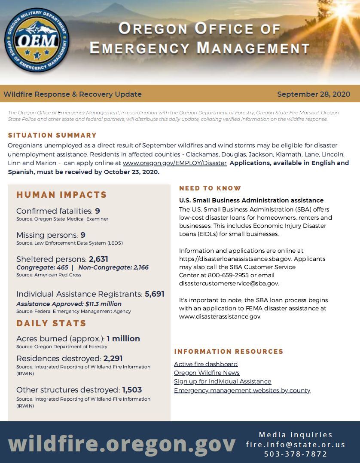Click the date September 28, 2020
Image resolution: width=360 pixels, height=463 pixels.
(313, 94)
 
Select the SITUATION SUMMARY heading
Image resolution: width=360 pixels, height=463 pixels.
(52, 135)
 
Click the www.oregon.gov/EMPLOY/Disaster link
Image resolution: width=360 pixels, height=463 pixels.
(174, 163)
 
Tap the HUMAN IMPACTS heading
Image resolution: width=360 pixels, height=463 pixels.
(61, 195)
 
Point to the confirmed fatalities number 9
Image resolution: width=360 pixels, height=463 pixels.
(98, 211)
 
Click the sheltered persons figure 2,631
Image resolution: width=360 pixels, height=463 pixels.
(98, 259)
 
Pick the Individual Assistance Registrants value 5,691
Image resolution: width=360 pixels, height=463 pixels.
(155, 294)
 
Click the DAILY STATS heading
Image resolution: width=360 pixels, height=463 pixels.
(51, 323)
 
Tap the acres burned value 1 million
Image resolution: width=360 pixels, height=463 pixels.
(123, 339)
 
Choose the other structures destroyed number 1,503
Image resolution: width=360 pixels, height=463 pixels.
(132, 390)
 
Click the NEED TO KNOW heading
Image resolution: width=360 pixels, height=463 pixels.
(210, 188)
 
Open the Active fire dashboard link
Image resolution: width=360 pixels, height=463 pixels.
(206, 364)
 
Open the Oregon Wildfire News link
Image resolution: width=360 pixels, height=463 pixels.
(207, 373)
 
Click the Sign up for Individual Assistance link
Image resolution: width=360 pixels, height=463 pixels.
(223, 381)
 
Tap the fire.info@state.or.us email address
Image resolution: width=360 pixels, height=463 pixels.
(296, 445)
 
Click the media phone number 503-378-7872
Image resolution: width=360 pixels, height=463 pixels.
(296, 454)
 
